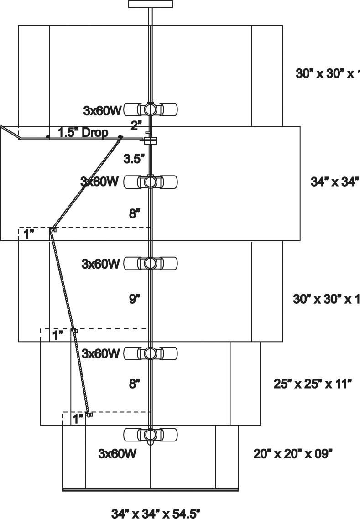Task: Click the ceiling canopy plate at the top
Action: (151, 4)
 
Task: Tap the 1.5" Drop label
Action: (83, 132)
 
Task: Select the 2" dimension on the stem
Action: (136, 125)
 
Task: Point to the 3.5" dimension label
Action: (135, 159)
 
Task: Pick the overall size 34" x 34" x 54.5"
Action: (156, 514)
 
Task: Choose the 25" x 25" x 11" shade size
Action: (313, 384)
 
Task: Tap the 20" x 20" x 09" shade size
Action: (292, 454)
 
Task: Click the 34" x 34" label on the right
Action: (335, 182)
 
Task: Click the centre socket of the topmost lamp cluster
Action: (150, 109)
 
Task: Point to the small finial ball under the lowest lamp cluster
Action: (150, 442)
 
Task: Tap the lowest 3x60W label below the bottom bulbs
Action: (117, 454)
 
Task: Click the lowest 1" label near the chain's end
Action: (78, 419)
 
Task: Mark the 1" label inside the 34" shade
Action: (29, 234)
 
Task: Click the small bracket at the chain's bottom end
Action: (90, 415)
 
